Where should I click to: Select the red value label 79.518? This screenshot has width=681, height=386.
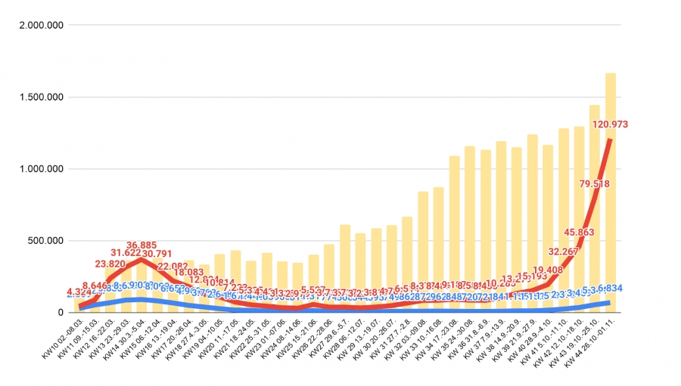595,184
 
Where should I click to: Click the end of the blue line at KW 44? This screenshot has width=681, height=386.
610,303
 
